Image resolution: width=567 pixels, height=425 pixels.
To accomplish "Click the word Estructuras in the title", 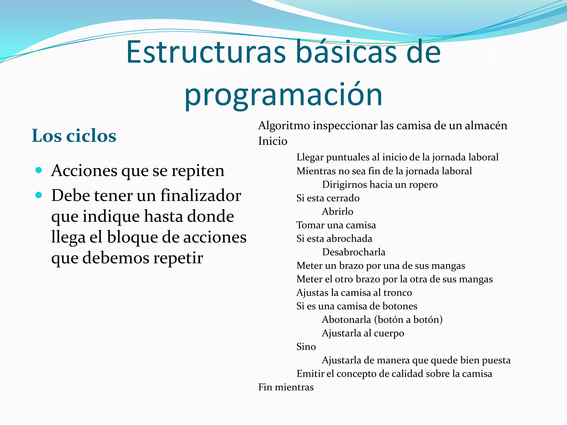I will [x=206, y=52].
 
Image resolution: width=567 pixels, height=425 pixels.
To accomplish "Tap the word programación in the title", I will [x=283, y=95].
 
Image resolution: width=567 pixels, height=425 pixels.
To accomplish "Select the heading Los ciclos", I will [x=74, y=136].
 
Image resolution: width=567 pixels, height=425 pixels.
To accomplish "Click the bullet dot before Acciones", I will [x=39, y=170].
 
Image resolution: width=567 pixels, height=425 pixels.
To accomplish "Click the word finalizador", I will [x=201, y=195].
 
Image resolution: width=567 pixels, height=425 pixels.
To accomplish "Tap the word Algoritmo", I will [x=284, y=126].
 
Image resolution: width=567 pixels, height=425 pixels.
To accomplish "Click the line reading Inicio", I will [x=273, y=141].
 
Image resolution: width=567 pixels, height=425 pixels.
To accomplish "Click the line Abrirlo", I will [x=337, y=212].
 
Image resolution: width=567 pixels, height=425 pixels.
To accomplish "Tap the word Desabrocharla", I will [x=354, y=252].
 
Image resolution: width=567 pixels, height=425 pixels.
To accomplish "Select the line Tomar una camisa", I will [x=336, y=225].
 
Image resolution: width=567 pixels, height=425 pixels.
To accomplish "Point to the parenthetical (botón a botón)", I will [x=408, y=320].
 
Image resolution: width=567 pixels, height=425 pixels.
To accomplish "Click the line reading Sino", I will [x=306, y=347].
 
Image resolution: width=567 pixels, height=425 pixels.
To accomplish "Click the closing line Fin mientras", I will [x=286, y=387].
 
